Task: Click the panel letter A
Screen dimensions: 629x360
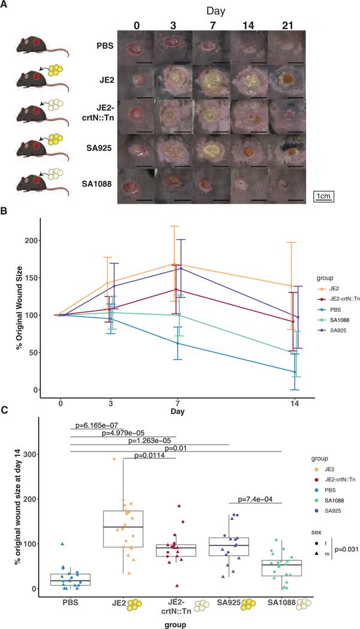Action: pos(5,5)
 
